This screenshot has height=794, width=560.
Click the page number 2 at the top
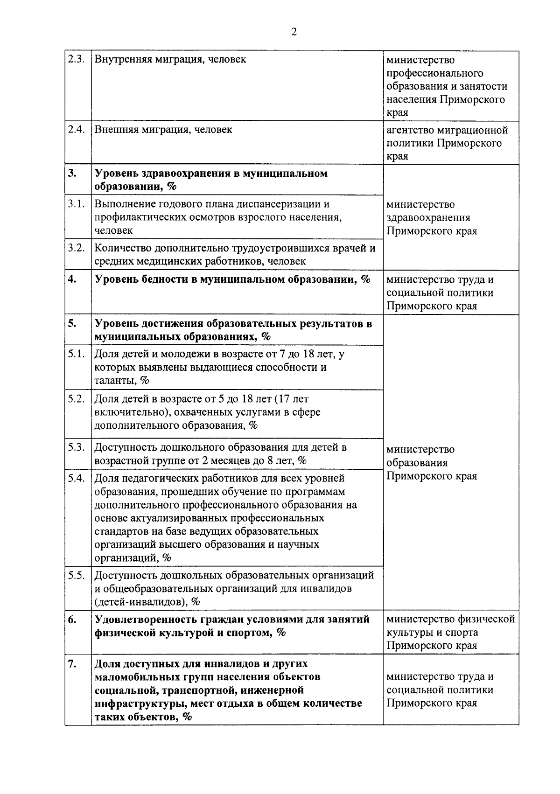pyautogui.click(x=294, y=32)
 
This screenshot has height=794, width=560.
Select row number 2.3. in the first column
pyautogui.click(x=76, y=60)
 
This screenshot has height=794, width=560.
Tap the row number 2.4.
pyautogui.click(x=76, y=130)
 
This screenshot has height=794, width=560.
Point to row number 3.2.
pyautogui.click(x=76, y=248)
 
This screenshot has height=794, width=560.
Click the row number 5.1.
pyautogui.click(x=76, y=354)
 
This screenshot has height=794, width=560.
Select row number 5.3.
pyautogui.click(x=76, y=447)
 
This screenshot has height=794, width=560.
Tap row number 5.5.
pyautogui.click(x=76, y=575)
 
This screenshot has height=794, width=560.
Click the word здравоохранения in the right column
pyautogui.click(x=428, y=218)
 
